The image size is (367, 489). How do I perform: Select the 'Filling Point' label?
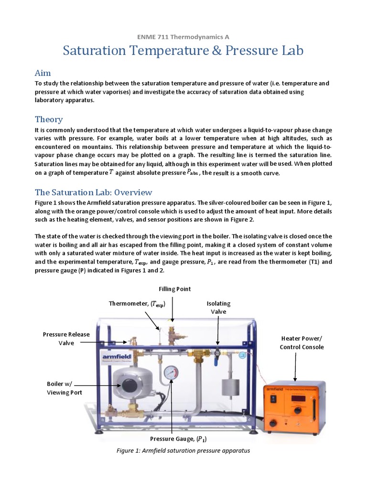coord(175,289)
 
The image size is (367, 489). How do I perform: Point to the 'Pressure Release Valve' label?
coord(66,339)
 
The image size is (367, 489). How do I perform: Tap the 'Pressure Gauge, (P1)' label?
coord(172,438)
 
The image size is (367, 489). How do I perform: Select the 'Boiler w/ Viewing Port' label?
coord(64,388)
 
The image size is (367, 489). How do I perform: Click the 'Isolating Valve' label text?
coord(218,308)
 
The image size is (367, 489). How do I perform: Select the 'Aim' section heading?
coord(43,73)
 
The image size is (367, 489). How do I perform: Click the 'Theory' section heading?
coord(49,119)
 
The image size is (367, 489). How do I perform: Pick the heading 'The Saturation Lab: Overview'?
coord(93,192)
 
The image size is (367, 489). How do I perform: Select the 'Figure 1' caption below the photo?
coord(183,451)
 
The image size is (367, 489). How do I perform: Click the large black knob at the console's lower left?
coord(274,423)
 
